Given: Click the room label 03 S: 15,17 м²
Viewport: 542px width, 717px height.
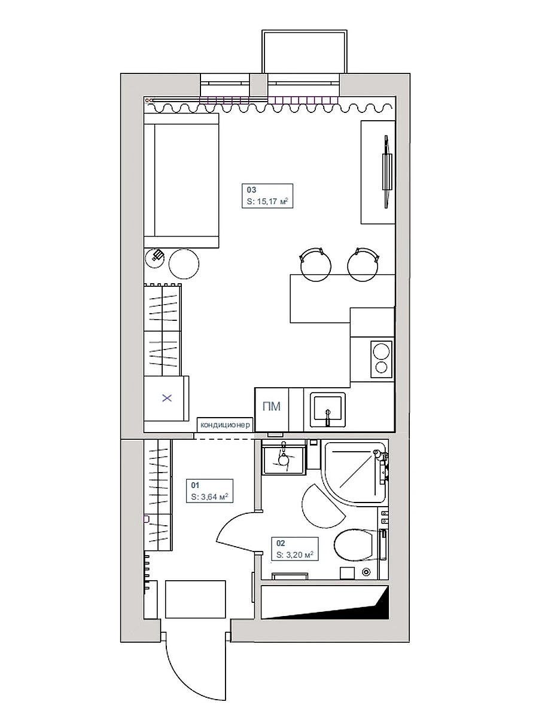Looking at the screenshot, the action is tap(267, 195).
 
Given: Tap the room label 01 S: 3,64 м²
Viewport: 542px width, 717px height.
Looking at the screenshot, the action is tap(209, 491).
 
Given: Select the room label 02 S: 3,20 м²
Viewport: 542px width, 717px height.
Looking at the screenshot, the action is tap(294, 549).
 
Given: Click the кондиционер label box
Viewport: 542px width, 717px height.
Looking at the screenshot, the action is tap(225, 425).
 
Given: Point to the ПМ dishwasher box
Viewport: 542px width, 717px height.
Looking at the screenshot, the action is tap(272, 410).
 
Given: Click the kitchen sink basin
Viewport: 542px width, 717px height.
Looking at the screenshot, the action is tap(329, 410).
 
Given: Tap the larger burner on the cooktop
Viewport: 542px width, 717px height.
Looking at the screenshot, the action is tap(381, 351).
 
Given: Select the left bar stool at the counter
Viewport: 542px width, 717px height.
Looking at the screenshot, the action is tap(315, 265).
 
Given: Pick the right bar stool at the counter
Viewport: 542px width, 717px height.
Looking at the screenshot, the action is tap(363, 265).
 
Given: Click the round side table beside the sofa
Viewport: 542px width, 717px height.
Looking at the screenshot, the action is tap(184, 263).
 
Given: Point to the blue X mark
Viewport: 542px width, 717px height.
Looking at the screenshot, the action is tap(167, 398).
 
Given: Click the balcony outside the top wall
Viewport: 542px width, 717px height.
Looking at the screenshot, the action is tap(304, 51).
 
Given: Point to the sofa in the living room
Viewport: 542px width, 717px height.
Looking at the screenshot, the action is tap(181, 180).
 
